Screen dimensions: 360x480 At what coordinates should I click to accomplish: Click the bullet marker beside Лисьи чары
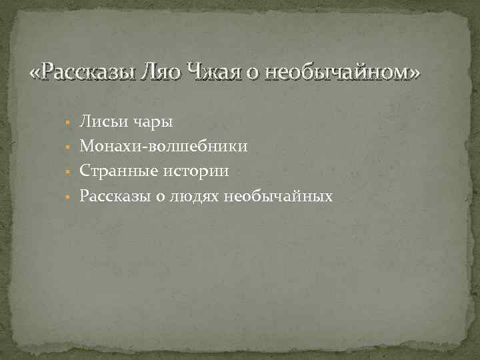click(x=68, y=123)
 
